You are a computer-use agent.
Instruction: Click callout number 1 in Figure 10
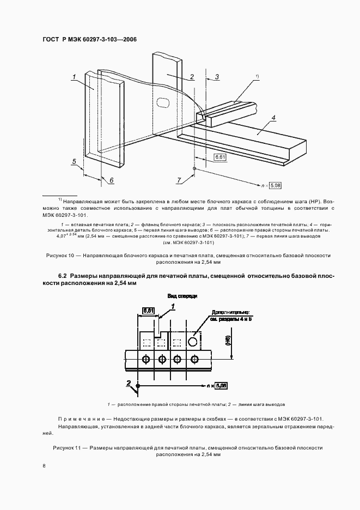[x=72, y=77]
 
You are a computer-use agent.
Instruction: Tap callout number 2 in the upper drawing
[x=192, y=77]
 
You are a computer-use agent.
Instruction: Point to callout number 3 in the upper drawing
[x=217, y=77]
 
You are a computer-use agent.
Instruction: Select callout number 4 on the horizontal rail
[x=273, y=118]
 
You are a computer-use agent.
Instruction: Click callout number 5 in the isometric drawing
[x=74, y=161]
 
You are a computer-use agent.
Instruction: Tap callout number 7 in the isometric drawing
[x=179, y=180]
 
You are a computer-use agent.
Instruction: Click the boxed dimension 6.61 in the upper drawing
[x=221, y=157]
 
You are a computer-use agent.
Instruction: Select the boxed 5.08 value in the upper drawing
[x=276, y=186]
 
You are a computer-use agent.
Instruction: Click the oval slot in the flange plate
[x=163, y=101]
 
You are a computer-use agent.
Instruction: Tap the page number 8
[x=44, y=466]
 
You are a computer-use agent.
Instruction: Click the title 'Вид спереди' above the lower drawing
[x=182, y=296]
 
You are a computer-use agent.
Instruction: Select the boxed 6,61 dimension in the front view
[x=149, y=311]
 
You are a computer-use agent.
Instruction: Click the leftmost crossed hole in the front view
[x=145, y=360]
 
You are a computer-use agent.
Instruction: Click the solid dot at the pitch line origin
[x=138, y=386]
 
